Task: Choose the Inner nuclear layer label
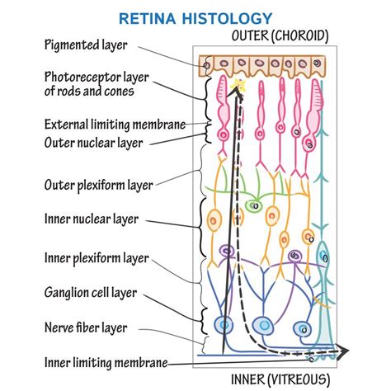(91, 219)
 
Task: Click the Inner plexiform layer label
(97, 258)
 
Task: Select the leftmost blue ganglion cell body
(222, 324)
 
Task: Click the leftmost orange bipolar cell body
(214, 220)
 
